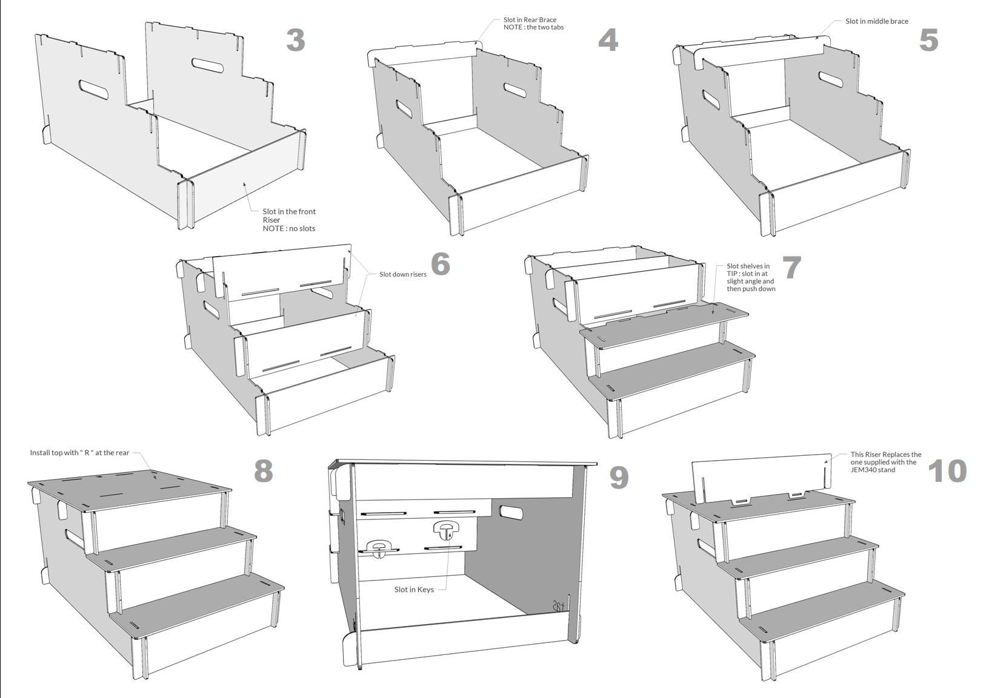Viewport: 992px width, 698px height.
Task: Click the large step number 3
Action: point(296,40)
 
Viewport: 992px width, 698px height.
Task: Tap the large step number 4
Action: point(608,40)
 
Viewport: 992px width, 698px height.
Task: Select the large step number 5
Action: point(928,40)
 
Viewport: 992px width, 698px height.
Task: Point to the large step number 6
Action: point(440,264)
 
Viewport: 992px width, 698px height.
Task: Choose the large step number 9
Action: point(619,477)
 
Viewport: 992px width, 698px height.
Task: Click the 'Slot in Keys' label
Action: point(414,589)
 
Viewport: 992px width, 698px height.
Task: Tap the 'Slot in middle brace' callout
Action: point(876,21)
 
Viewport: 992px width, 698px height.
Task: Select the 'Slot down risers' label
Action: point(402,274)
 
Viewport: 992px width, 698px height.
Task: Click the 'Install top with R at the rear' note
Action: point(80,453)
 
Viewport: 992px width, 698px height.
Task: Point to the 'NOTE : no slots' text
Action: point(288,228)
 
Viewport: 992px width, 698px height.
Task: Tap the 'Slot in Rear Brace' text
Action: point(530,19)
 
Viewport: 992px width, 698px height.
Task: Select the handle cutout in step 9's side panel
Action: point(511,513)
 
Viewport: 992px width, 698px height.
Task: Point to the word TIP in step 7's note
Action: point(731,274)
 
